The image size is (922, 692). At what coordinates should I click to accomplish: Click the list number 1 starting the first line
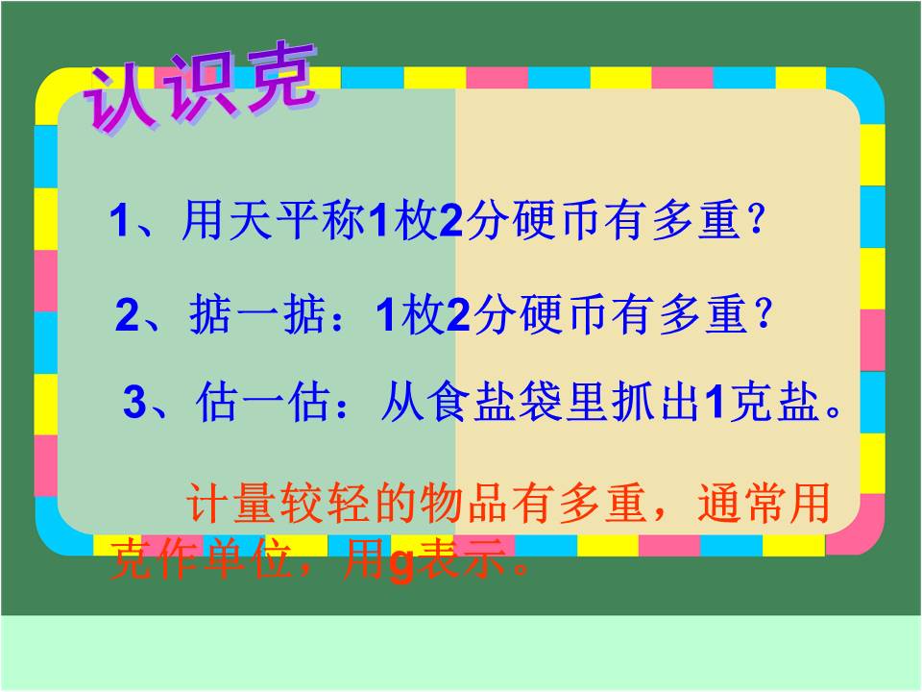tap(119, 225)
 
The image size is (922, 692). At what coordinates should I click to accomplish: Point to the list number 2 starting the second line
tap(127, 316)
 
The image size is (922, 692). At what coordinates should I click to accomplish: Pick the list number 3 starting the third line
tap(134, 403)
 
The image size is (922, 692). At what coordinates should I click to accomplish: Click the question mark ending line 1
tap(756, 224)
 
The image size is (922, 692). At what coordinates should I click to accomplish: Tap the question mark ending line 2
tap(764, 315)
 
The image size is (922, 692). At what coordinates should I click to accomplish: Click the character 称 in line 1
tap(343, 224)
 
